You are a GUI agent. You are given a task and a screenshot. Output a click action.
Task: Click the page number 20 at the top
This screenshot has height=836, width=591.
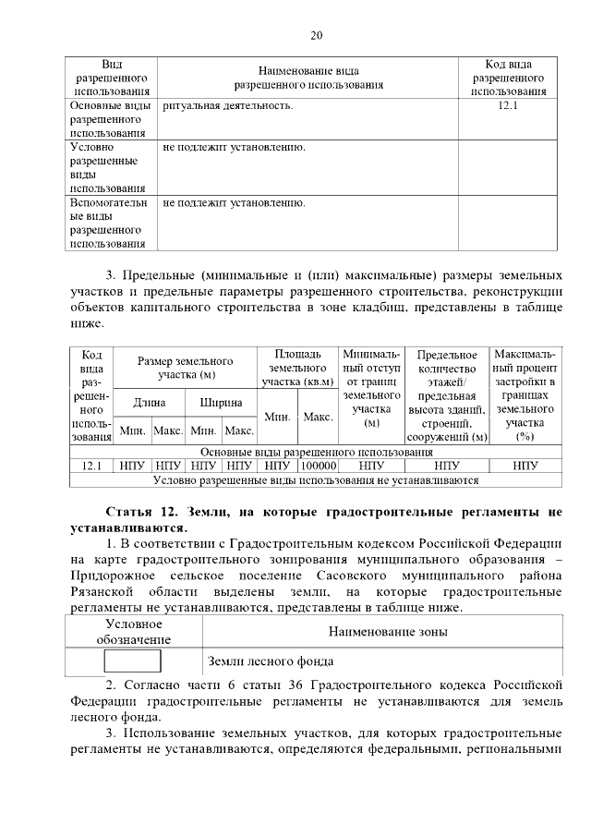(316, 36)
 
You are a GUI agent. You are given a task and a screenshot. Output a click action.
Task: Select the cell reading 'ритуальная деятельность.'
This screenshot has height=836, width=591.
(227, 106)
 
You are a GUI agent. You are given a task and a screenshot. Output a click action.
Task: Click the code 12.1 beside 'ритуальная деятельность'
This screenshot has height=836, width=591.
(508, 106)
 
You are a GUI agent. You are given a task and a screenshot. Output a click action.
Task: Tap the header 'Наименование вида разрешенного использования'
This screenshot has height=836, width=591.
(308, 78)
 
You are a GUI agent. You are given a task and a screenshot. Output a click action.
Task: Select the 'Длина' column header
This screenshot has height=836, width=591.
(149, 403)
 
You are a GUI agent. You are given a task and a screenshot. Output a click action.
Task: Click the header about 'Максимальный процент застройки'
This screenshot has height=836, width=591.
(525, 394)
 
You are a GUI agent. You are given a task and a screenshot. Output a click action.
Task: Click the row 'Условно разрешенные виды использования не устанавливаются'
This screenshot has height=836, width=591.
(315, 480)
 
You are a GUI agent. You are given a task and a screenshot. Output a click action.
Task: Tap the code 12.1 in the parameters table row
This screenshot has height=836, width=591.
(90, 466)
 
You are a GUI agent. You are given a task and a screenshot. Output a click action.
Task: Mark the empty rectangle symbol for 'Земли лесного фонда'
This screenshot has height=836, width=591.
(132, 660)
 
